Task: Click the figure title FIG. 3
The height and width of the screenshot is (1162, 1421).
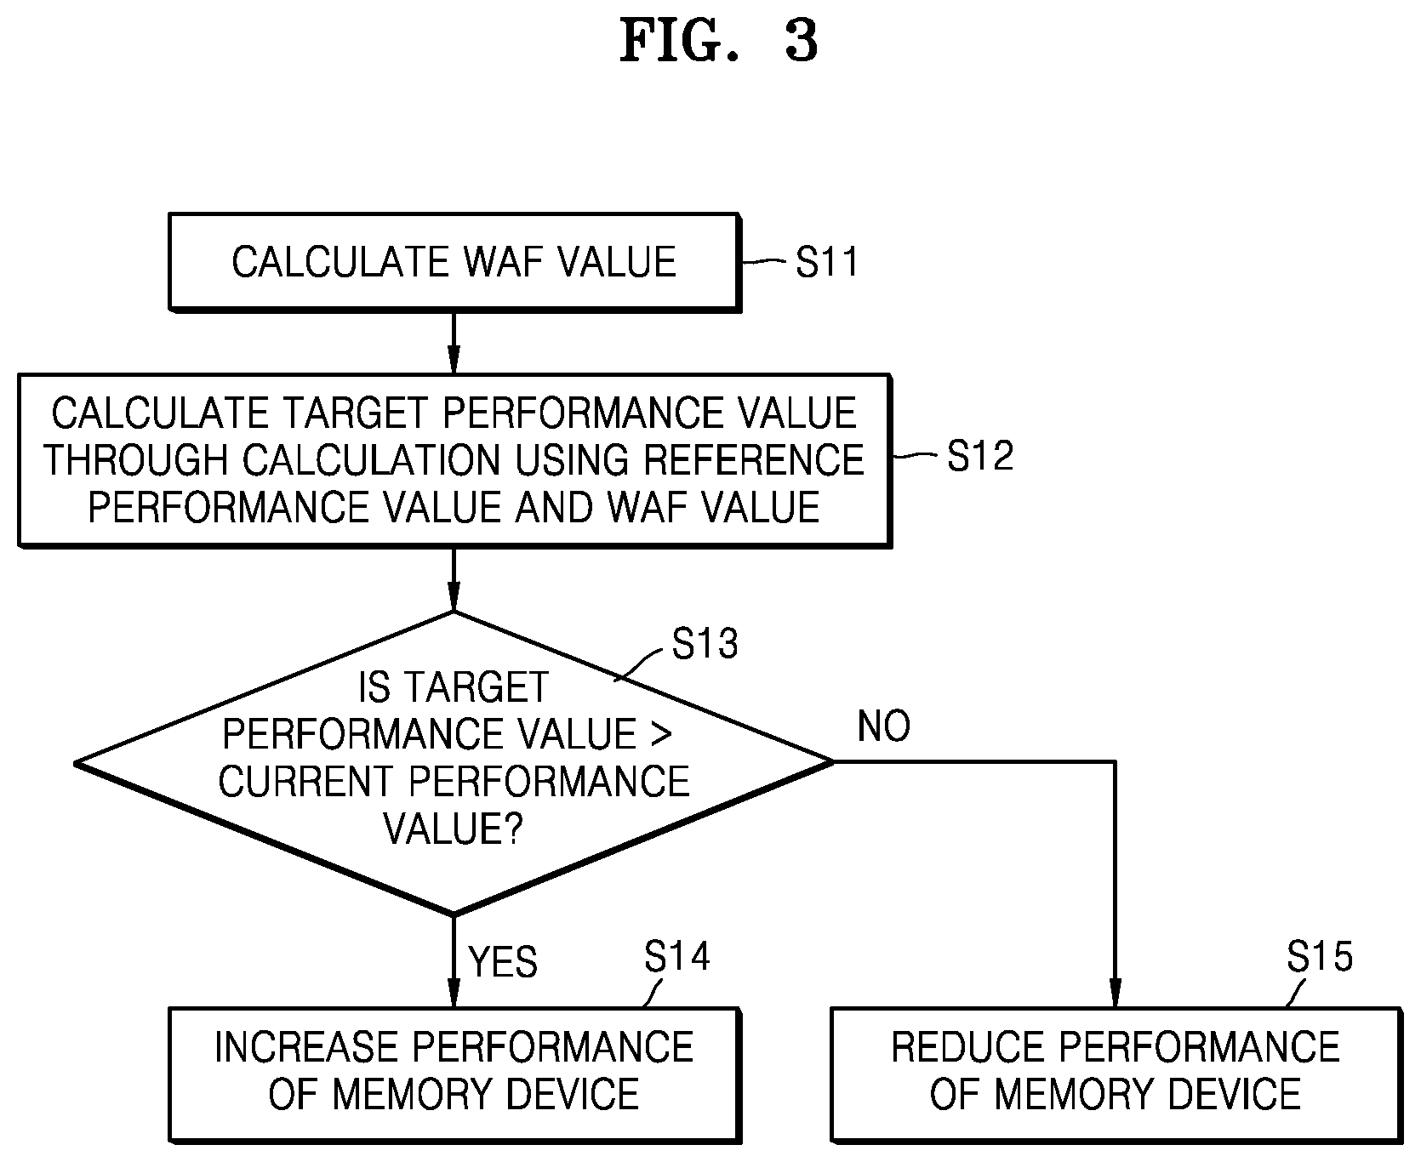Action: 718,41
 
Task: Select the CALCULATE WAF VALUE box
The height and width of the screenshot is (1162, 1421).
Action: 454,261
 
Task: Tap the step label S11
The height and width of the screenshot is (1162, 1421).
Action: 827,262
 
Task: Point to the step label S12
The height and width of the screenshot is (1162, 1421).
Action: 980,456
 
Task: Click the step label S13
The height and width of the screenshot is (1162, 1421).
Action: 705,644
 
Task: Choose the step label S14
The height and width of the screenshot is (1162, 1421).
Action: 676,957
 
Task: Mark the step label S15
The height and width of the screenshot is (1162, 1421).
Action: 1320,957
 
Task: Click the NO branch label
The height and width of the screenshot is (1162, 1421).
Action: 884,726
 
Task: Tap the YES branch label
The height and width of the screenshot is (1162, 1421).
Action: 504,963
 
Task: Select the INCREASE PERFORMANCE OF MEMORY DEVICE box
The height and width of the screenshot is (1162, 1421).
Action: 454,1074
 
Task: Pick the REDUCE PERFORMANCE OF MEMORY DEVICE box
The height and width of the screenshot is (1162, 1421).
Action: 1116,1074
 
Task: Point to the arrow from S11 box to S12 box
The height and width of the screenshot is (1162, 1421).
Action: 454,342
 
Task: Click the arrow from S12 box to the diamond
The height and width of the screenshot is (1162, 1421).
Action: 454,579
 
